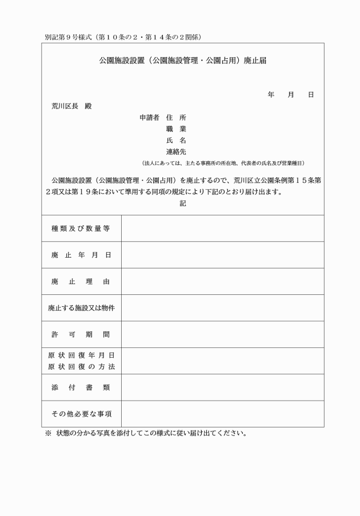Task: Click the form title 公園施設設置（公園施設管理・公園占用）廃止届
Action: click(x=183, y=60)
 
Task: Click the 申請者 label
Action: click(x=150, y=118)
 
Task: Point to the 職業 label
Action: click(x=176, y=129)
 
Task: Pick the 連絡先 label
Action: click(x=176, y=152)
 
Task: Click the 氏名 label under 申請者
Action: click(x=176, y=141)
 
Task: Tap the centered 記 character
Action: click(x=183, y=203)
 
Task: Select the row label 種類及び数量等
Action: click(x=81, y=229)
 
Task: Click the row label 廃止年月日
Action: click(x=81, y=255)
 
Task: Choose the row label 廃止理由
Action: click(x=81, y=282)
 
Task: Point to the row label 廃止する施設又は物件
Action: click(x=81, y=308)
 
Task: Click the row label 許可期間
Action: click(x=81, y=334)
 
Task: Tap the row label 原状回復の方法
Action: click(x=81, y=366)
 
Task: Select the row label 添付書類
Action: click(x=81, y=387)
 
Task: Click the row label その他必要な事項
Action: click(x=81, y=414)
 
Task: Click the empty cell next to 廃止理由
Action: click(x=222, y=282)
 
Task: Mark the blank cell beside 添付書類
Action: click(x=222, y=387)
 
